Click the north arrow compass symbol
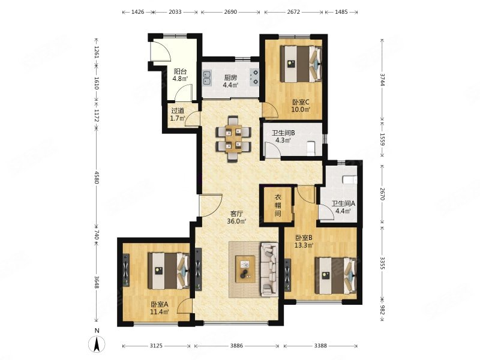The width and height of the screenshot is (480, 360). tap(97, 344)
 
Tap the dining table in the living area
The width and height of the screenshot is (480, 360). tap(233, 139)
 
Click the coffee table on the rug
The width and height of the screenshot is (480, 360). tap(245, 269)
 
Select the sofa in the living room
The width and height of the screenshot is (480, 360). tap(269, 269)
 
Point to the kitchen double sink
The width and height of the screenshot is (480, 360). tap(207, 78)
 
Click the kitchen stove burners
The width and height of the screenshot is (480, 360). tap(254, 77)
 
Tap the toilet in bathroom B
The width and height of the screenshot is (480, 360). tap(311, 147)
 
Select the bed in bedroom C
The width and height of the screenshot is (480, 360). tap(301, 64)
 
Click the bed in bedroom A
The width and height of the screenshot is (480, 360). tap(169, 271)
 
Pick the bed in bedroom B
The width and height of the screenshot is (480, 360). tap(335, 275)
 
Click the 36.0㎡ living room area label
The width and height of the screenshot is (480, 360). tap(236, 221)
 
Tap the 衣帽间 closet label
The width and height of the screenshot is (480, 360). tap(278, 205)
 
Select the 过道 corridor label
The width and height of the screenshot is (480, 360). tap(178, 111)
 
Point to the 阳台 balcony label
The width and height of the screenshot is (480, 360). tap(181, 71)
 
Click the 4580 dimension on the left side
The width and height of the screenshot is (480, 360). tap(97, 178)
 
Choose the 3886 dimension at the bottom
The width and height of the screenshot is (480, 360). tap(236, 346)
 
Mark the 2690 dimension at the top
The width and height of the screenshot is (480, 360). tap(230, 12)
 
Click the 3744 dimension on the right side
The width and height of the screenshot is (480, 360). tap(382, 80)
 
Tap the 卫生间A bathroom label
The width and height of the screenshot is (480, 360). tap(343, 203)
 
